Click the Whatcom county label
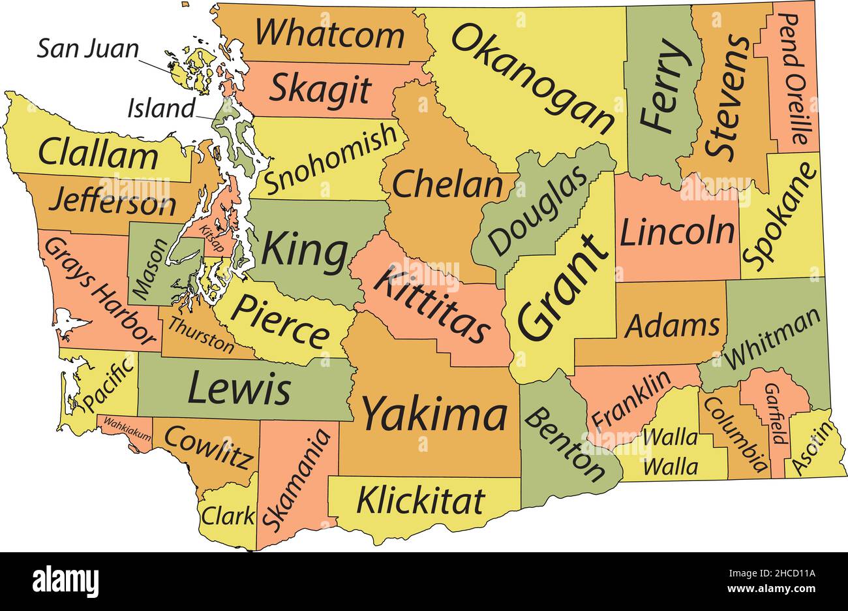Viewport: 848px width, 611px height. [329, 33]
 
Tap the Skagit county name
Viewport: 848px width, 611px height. [320, 89]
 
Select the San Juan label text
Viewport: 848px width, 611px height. [87, 49]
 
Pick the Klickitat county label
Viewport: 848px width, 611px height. [421, 501]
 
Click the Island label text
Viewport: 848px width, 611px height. [161, 108]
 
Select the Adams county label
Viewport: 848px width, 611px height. [673, 326]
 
